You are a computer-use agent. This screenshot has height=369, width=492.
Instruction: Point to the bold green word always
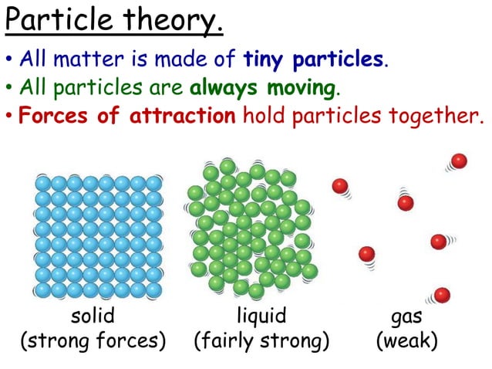(x=224, y=88)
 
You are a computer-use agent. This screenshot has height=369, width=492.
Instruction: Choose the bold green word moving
(x=299, y=88)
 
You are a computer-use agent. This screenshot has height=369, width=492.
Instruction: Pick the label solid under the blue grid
(x=93, y=317)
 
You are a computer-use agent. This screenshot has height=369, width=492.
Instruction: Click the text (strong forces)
(x=93, y=340)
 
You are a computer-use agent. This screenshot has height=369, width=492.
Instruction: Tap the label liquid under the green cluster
(x=261, y=317)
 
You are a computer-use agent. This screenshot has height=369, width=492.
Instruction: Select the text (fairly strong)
(x=261, y=340)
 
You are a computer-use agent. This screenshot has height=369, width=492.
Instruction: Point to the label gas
(x=406, y=317)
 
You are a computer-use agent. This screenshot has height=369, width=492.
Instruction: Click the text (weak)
(x=406, y=340)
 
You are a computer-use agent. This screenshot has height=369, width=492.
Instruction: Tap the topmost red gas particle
(x=459, y=161)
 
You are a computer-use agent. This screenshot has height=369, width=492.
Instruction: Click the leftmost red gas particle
(x=339, y=185)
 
